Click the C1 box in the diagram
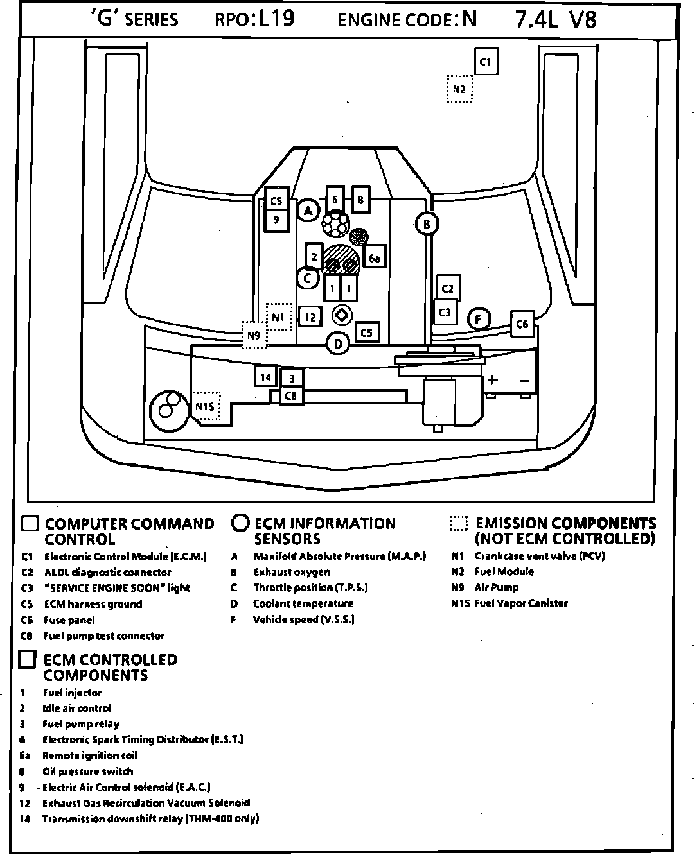click(x=486, y=62)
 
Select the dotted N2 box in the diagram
click(x=459, y=89)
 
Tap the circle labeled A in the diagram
click(x=308, y=210)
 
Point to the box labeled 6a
click(x=375, y=258)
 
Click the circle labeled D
click(x=338, y=344)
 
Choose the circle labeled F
click(x=478, y=318)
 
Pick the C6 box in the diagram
click(x=522, y=325)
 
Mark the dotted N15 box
click(x=206, y=406)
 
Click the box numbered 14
click(x=265, y=377)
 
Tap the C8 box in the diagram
click(x=291, y=395)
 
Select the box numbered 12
click(x=310, y=316)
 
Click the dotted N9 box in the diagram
click(x=254, y=335)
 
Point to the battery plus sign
click(x=492, y=379)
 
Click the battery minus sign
click(x=524, y=381)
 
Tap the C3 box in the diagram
click(x=445, y=313)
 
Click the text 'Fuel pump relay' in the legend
click(x=81, y=724)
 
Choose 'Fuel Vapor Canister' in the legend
click(x=521, y=603)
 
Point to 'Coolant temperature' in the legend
click(x=303, y=603)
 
